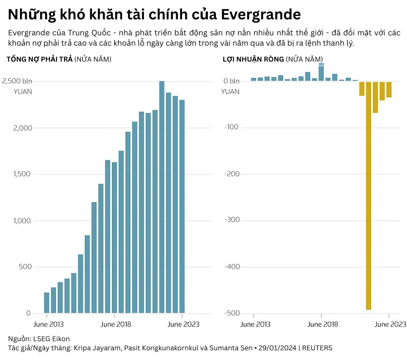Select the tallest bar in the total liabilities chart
point(162,197)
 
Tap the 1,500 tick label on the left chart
point(22,174)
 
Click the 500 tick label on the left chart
point(25,267)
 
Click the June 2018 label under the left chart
point(116,325)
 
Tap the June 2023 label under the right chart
point(389,325)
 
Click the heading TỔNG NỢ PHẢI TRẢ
point(39,59)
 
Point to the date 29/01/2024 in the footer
point(276,347)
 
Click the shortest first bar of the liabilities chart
point(47,303)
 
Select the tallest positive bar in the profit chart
point(321,73)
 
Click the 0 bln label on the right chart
point(231,81)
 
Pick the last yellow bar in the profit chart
point(389,89)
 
